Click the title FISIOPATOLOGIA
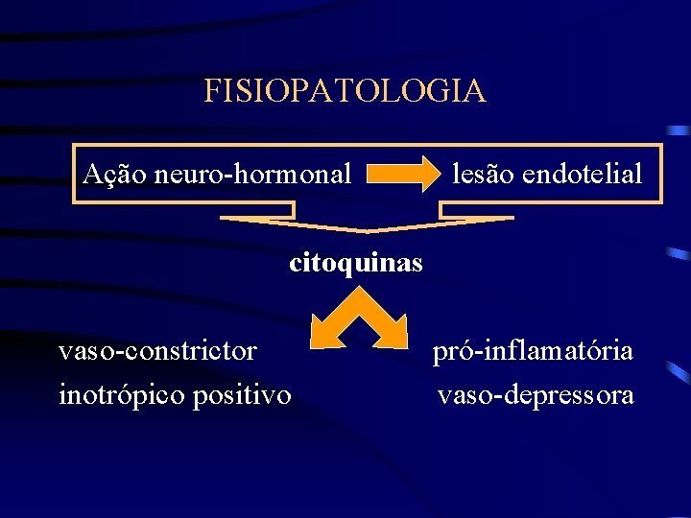345,91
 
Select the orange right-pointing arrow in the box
401,176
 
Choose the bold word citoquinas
355,262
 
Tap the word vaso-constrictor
157,351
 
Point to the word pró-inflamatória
533,351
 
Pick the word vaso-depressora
536,394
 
